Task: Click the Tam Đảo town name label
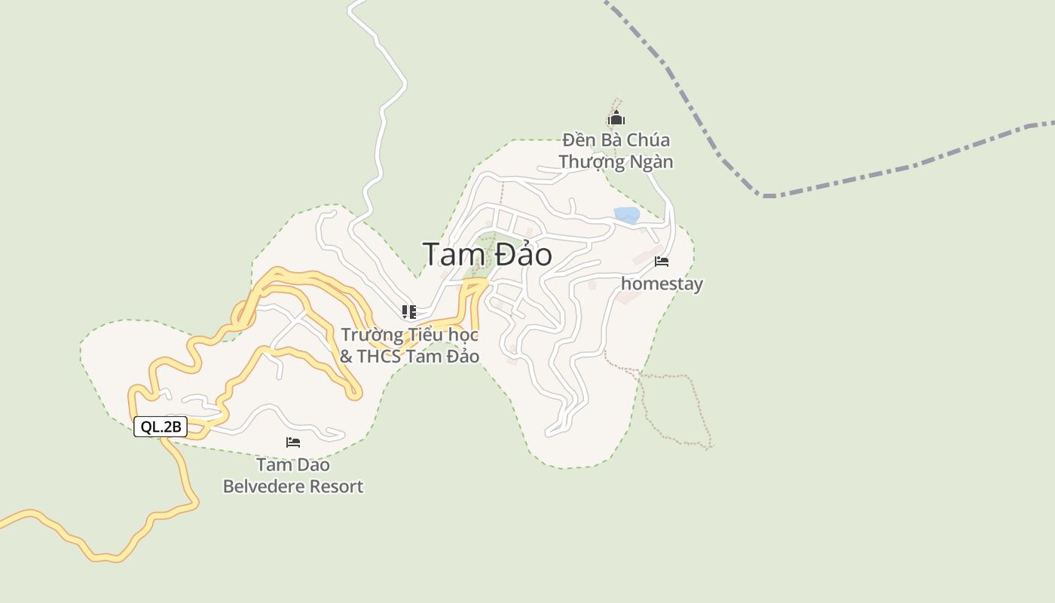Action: [x=487, y=255]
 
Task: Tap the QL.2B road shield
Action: [x=161, y=427]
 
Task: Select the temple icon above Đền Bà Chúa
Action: [x=616, y=118]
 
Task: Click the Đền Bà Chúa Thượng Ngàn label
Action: [x=616, y=151]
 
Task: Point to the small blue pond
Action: [x=626, y=215]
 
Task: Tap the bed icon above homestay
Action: [x=662, y=262]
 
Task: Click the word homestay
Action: [x=662, y=284]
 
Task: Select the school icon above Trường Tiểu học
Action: [x=409, y=311]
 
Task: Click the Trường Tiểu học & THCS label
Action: [x=409, y=345]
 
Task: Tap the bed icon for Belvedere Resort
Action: [x=293, y=442]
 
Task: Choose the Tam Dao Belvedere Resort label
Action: [x=293, y=476]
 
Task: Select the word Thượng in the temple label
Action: [x=590, y=162]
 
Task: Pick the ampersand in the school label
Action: [x=346, y=357]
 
